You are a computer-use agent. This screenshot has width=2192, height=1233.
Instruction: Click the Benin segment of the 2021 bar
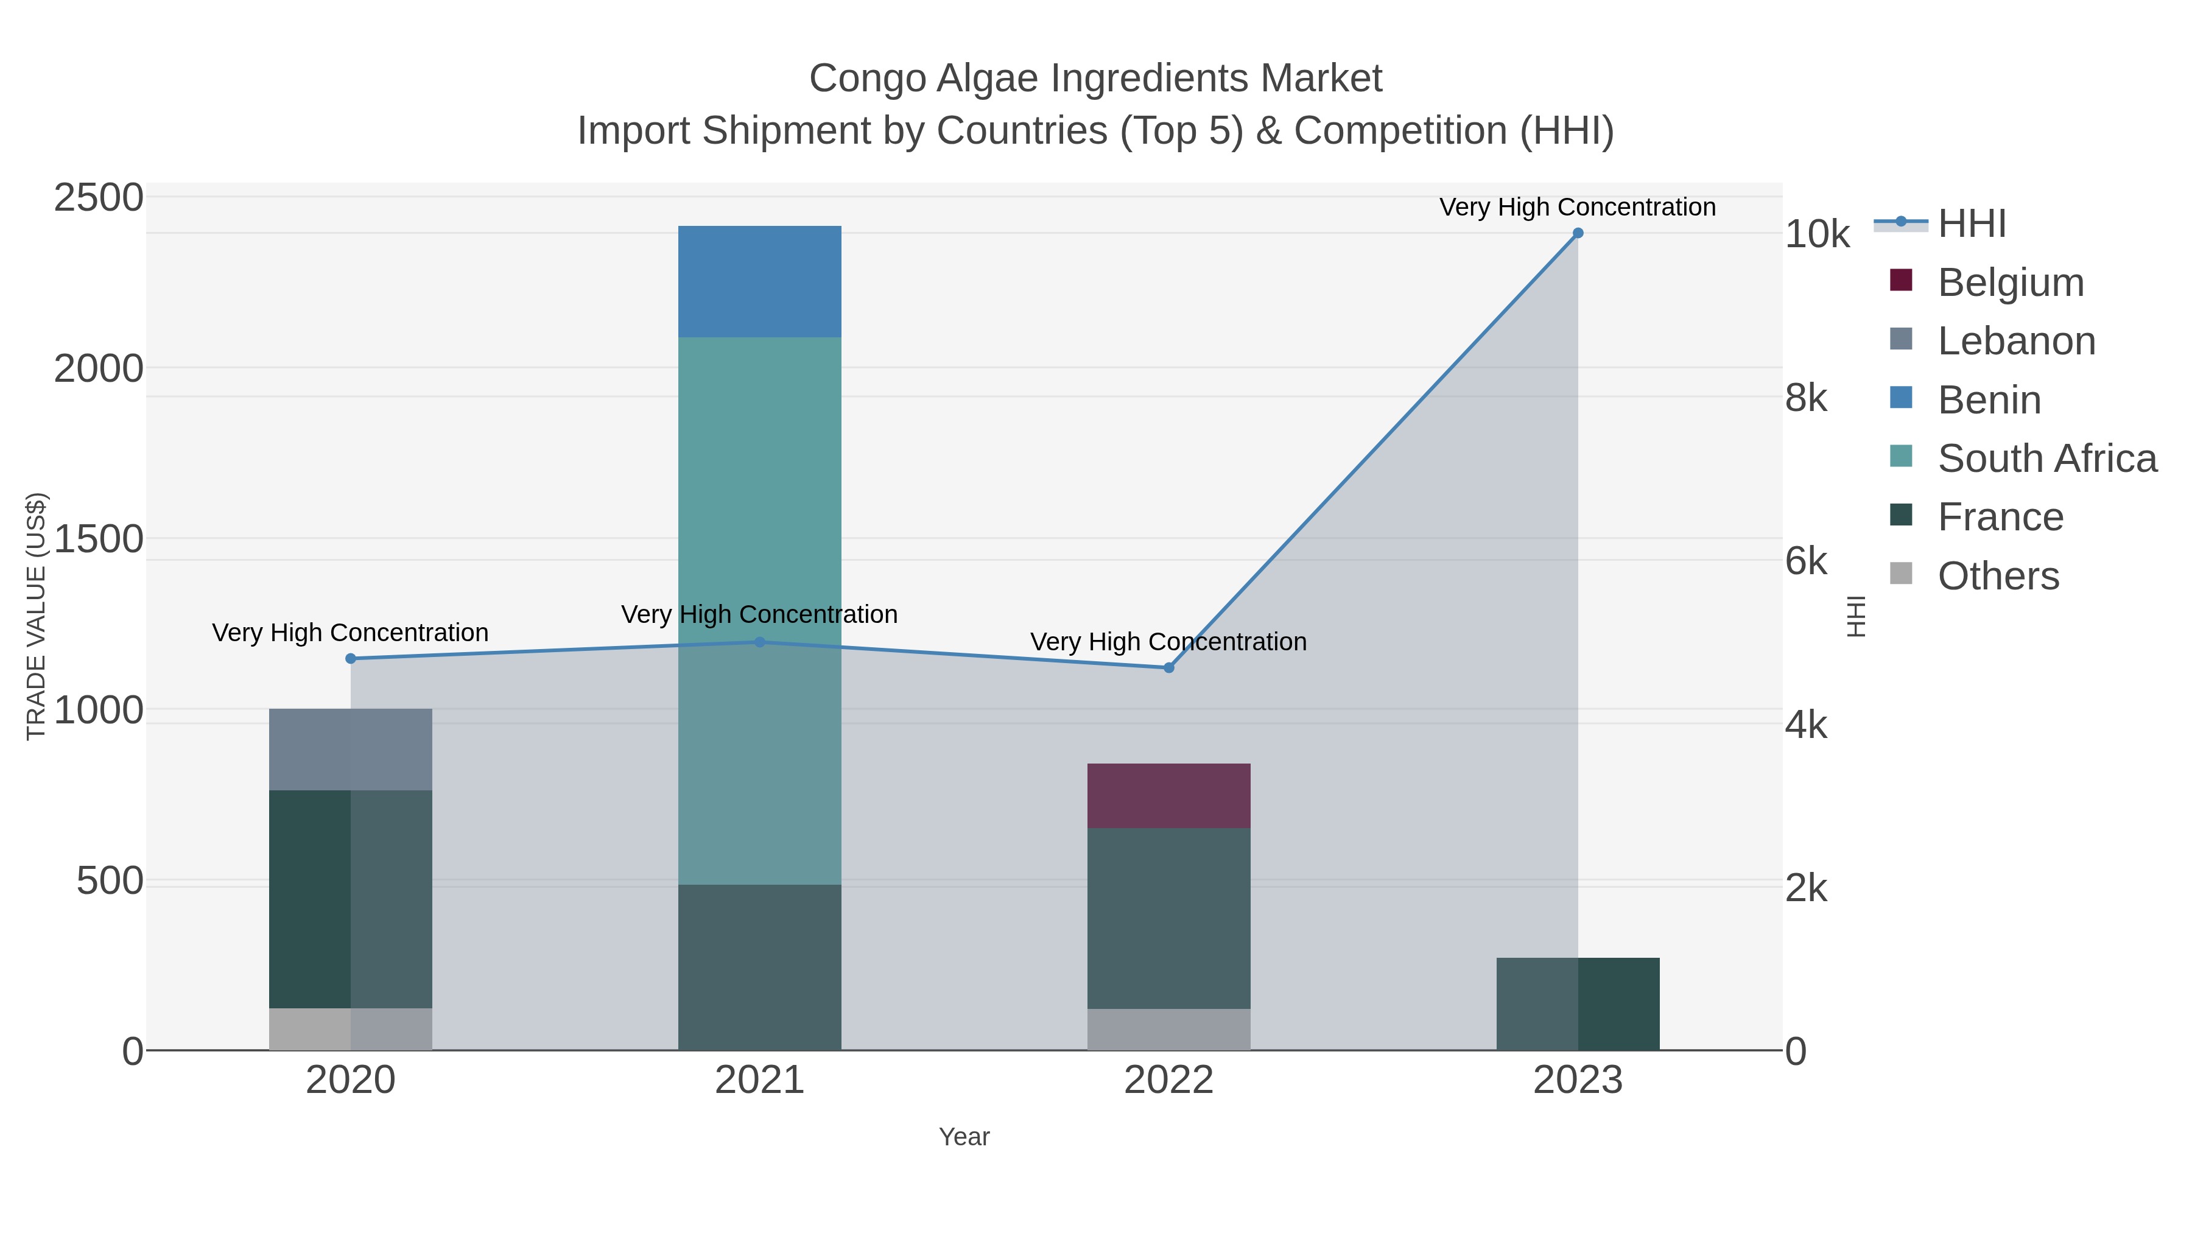point(759,282)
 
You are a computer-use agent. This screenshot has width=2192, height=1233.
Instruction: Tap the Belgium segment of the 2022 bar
point(1168,796)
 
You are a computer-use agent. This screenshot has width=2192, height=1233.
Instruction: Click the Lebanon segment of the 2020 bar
point(350,749)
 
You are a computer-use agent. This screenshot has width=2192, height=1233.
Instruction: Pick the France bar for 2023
point(1578,1003)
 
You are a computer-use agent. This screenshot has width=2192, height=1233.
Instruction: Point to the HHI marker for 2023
point(1578,233)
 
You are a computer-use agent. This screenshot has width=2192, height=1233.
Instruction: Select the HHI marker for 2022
point(1168,668)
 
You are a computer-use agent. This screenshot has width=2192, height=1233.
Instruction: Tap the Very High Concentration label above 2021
point(759,614)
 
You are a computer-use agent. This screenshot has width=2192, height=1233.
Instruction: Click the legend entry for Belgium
point(2010,283)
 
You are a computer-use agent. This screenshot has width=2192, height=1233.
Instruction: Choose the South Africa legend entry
point(2046,458)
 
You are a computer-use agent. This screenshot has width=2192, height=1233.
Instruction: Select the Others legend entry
point(1998,576)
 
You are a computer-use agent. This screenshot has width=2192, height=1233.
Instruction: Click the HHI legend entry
point(1971,224)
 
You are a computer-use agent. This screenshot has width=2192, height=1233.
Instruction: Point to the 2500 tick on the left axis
point(99,198)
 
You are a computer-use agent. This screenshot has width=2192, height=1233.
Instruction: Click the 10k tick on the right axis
point(1818,235)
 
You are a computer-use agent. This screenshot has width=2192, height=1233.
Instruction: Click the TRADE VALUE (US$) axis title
point(36,616)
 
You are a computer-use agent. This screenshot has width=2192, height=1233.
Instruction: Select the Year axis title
point(964,1137)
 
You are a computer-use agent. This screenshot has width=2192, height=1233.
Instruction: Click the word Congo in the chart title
point(867,79)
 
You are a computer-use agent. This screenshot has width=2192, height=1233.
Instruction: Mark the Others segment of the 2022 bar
point(1168,1030)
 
